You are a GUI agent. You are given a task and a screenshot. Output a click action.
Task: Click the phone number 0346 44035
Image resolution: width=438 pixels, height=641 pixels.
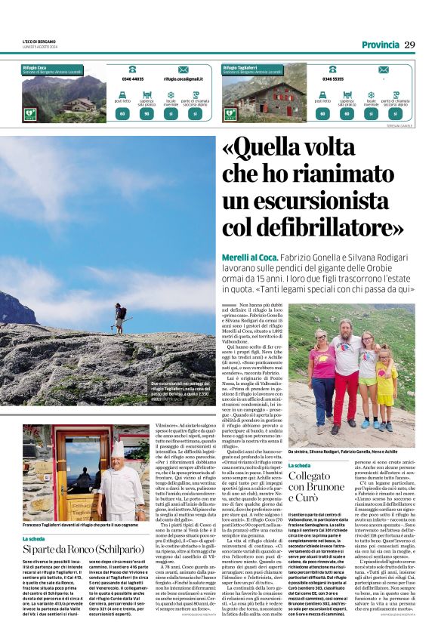point(132,79)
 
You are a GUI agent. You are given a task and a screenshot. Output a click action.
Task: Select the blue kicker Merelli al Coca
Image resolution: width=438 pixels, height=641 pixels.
point(245,257)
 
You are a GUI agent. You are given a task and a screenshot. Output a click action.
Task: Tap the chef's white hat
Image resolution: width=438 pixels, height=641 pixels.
point(118,448)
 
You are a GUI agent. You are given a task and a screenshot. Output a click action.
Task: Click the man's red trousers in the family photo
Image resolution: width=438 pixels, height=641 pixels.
point(347,391)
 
